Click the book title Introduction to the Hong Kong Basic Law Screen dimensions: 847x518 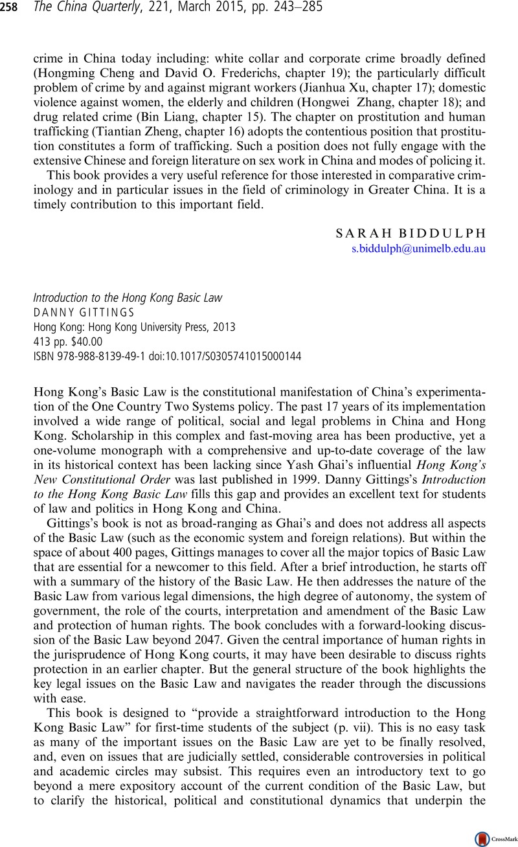point(128,298)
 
